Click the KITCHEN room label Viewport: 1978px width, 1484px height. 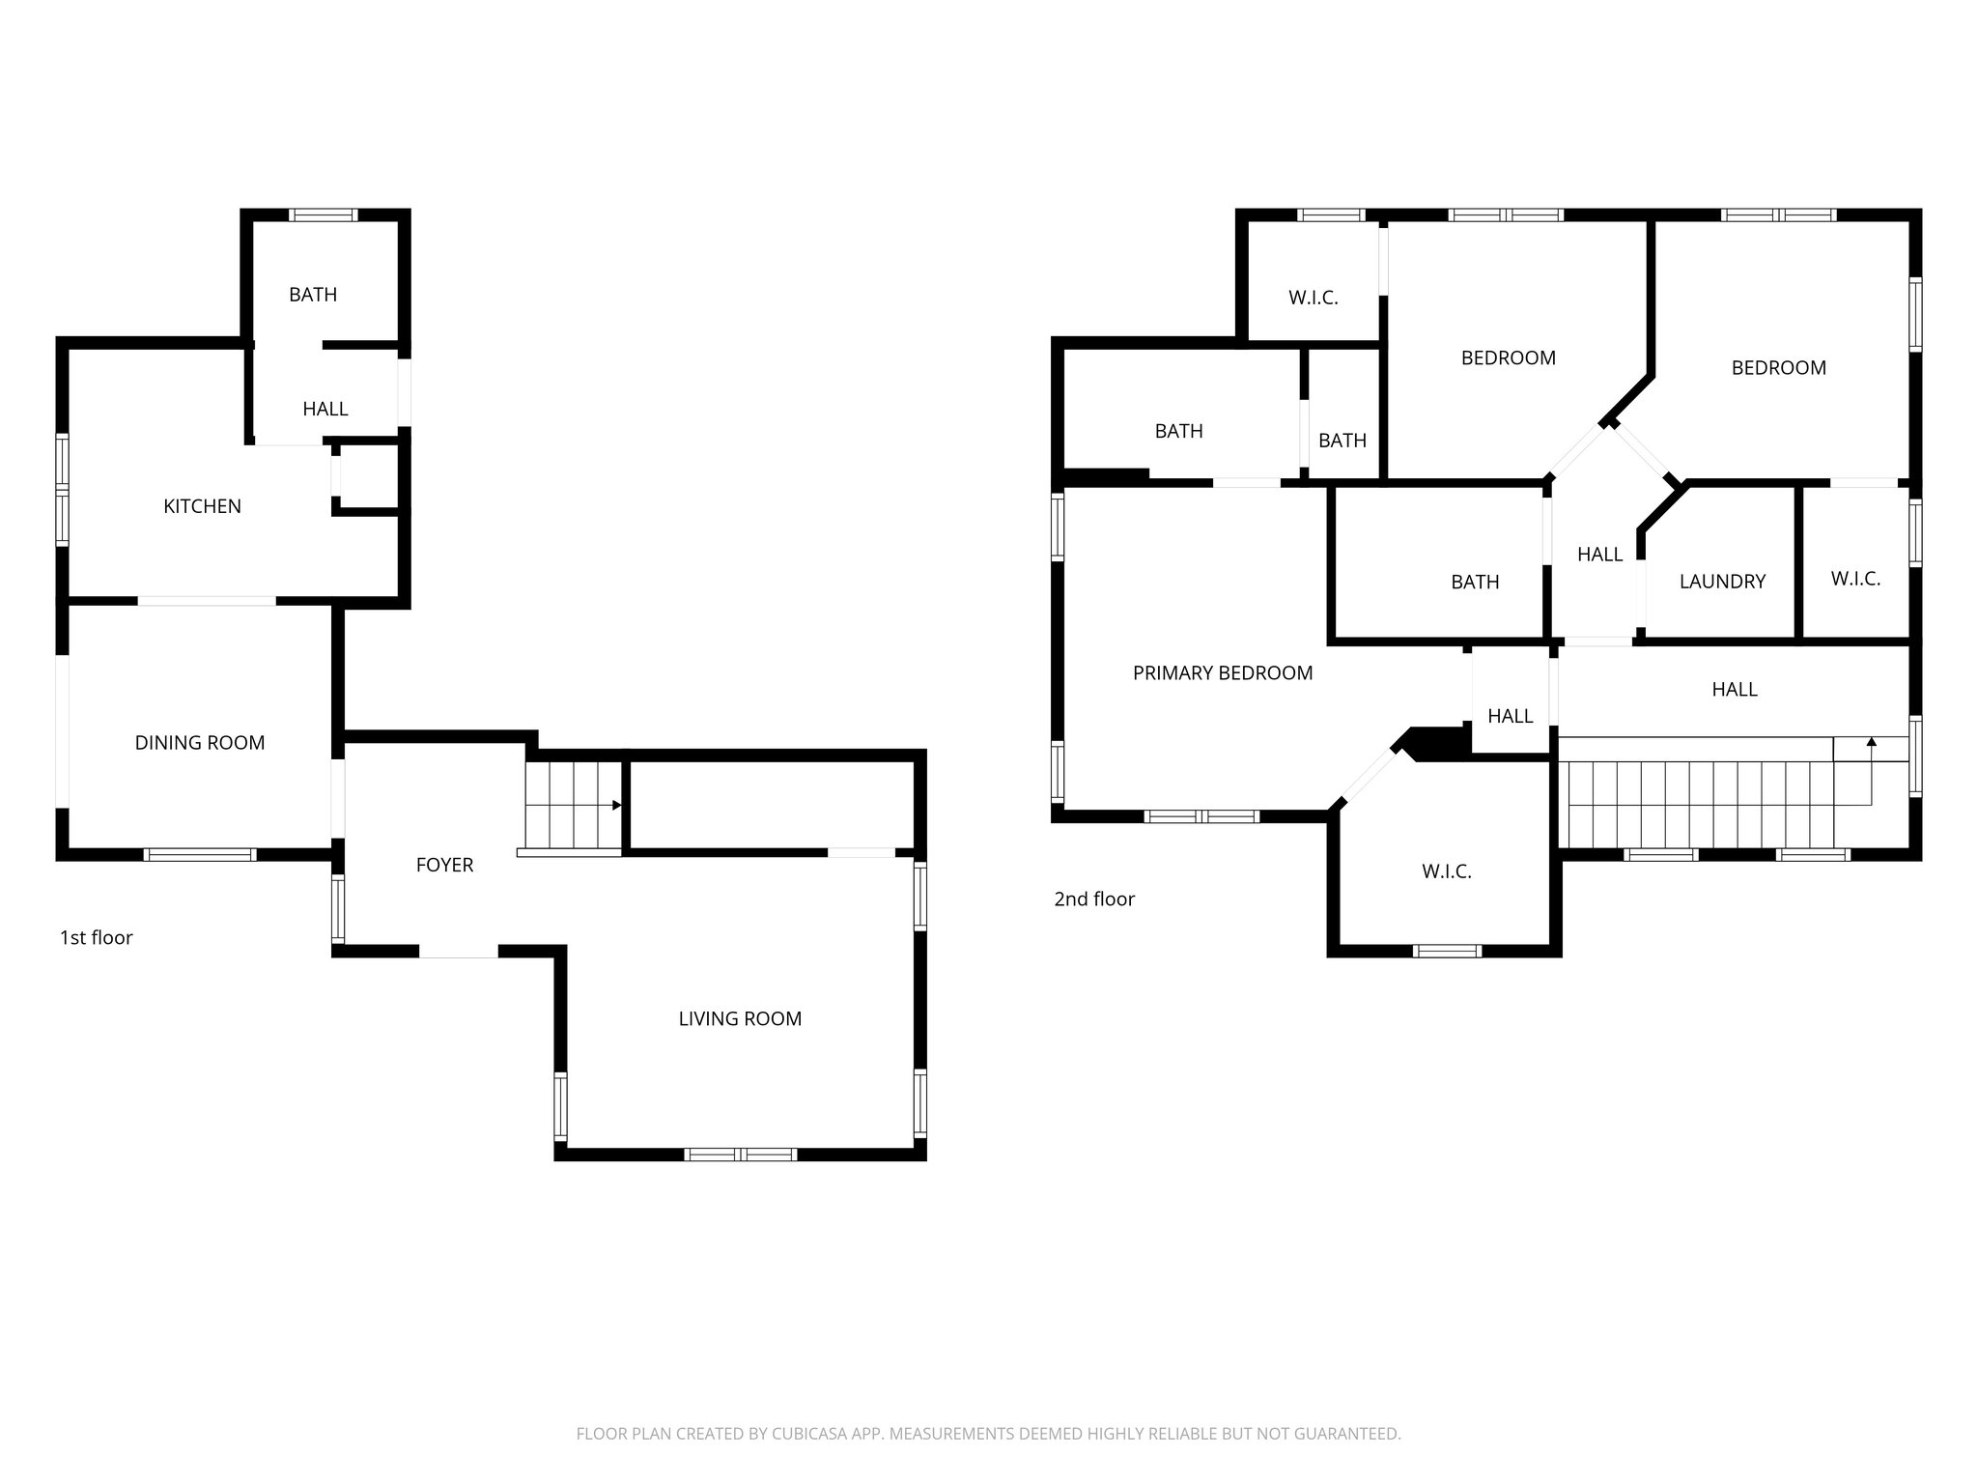[x=202, y=506]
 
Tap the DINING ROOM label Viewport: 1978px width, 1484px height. [x=199, y=743]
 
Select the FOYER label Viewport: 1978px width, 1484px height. [x=444, y=866]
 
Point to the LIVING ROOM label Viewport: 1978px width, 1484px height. [x=740, y=1018]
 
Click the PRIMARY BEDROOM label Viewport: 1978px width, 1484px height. [x=1222, y=673]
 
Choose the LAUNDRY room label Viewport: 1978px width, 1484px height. [x=1722, y=582]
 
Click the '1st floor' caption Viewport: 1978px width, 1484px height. [x=96, y=937]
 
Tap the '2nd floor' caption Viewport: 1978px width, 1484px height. [x=1093, y=899]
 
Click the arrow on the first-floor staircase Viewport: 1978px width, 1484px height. [x=616, y=805]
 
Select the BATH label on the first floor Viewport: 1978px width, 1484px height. [x=313, y=295]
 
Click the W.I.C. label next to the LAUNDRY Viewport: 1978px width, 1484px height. [x=1855, y=579]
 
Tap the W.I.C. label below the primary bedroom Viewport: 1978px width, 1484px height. [x=1446, y=871]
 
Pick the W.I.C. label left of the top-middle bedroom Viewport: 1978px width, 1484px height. [x=1313, y=298]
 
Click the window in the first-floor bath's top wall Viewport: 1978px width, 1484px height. [x=325, y=215]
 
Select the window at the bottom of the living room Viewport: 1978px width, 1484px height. [x=741, y=1154]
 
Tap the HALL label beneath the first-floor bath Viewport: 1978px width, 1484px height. [x=325, y=409]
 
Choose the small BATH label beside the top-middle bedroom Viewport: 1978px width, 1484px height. [x=1342, y=441]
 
